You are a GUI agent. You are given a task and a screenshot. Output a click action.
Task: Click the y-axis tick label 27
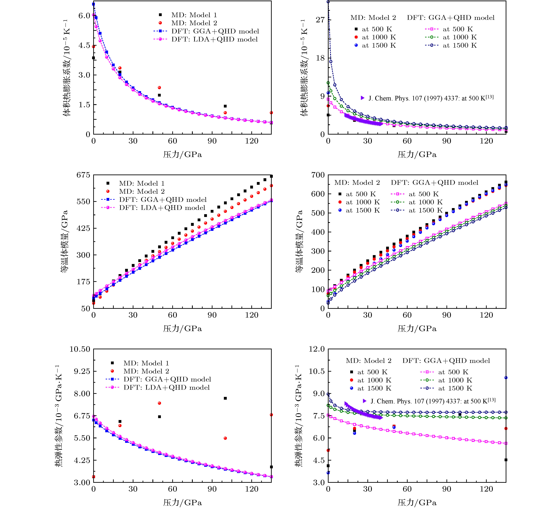click(x=320, y=20)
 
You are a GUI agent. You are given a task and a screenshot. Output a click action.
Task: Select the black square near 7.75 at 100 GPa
click(x=225, y=398)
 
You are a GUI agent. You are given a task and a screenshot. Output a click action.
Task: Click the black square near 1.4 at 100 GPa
click(x=225, y=106)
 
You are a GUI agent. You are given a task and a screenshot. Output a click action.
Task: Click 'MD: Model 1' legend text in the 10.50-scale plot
click(x=146, y=363)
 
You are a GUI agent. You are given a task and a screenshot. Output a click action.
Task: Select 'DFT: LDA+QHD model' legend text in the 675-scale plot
click(x=162, y=208)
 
